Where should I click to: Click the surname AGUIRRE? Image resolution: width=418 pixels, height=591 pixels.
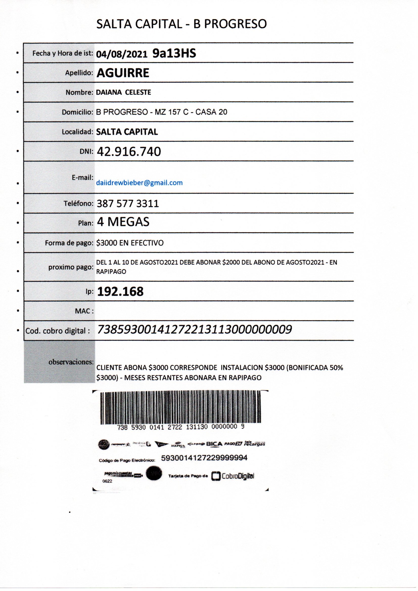123,73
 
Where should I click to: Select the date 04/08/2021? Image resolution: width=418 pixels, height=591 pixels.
122,54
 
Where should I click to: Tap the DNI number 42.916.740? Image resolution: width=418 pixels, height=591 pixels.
129,152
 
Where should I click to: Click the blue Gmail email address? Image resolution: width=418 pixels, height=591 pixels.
139,183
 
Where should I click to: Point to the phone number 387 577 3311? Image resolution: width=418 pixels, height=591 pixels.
128,203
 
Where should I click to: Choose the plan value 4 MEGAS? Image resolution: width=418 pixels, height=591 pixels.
123,222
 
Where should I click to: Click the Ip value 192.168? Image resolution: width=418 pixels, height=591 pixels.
120,291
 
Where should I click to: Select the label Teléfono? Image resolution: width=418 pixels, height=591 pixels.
79,203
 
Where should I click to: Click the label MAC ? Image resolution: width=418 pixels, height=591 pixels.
84,311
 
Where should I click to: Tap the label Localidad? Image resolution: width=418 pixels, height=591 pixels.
77,132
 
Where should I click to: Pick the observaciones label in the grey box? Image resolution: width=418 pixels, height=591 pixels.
71,362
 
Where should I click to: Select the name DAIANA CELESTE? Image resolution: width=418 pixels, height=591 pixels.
123,93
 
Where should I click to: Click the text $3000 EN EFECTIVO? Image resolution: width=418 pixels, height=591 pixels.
130,243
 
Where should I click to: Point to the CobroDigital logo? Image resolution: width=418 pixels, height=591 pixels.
233,476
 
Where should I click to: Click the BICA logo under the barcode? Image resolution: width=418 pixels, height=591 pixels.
214,444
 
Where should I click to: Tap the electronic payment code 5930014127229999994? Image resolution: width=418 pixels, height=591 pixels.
204,458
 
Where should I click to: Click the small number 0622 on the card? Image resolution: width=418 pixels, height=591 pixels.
107,481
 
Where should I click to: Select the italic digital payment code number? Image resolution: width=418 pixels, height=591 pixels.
195,329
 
